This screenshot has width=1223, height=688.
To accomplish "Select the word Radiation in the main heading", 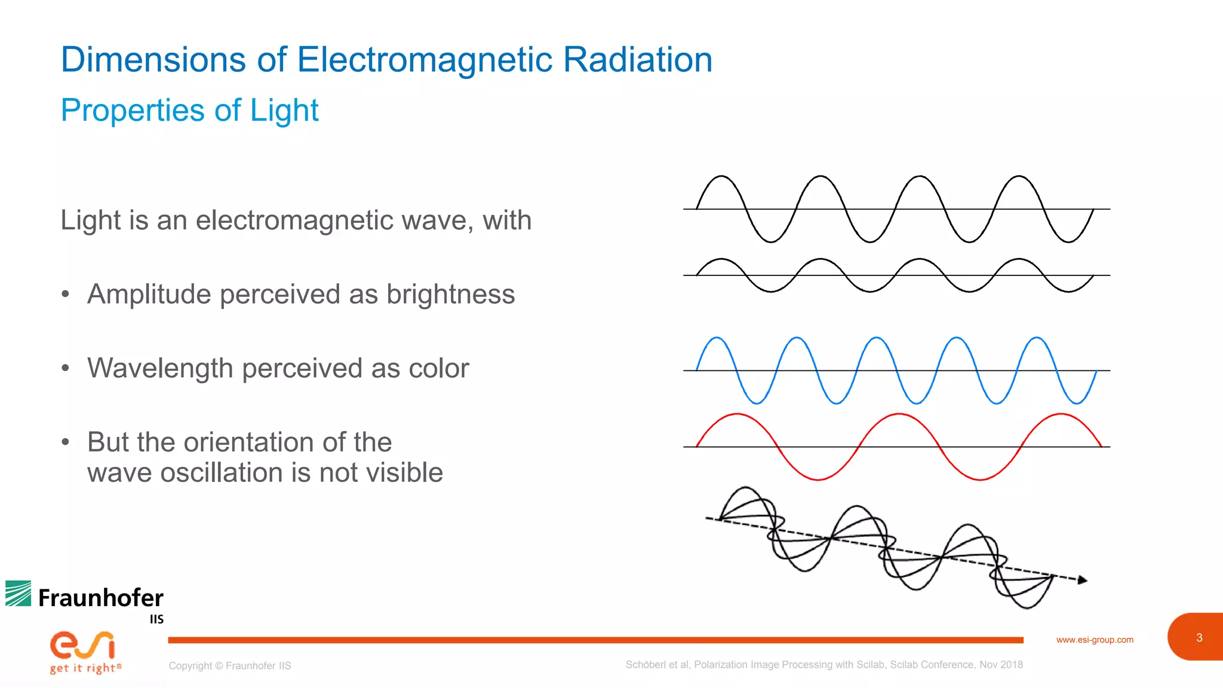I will (637, 60).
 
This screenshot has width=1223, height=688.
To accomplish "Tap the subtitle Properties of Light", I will (189, 110).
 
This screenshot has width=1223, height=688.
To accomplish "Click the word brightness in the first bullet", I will (450, 294).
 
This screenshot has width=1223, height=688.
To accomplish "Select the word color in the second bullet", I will (438, 368).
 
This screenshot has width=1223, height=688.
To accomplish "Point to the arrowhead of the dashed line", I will (1082, 580).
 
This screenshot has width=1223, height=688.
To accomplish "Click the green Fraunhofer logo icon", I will (18, 594).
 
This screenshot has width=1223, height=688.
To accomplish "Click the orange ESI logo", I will (82, 645).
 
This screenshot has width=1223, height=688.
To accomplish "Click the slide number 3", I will (1199, 638).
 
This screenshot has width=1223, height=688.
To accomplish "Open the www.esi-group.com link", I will (1094, 640).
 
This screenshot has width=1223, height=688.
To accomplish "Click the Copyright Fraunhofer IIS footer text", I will (229, 666).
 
